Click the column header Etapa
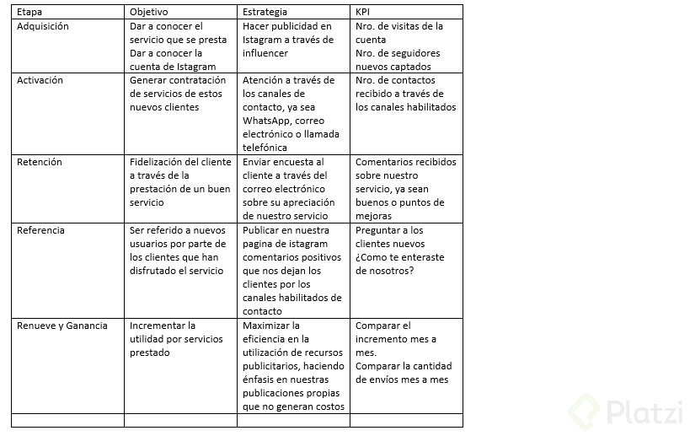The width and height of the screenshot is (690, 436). click(x=29, y=12)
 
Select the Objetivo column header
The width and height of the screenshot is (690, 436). click(x=149, y=12)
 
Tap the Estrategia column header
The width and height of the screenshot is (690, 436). click(x=265, y=12)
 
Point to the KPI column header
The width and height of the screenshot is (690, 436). click(x=364, y=12)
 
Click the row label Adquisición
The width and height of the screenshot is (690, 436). click(x=43, y=26)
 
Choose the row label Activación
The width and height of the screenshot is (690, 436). click(x=40, y=80)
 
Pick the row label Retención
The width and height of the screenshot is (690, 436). click(x=40, y=162)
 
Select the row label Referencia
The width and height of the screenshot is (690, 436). click(x=41, y=230)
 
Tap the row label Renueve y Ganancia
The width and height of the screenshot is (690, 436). click(x=62, y=326)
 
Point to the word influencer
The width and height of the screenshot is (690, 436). click(x=265, y=53)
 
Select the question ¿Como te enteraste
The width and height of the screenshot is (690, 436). click(x=399, y=257)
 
